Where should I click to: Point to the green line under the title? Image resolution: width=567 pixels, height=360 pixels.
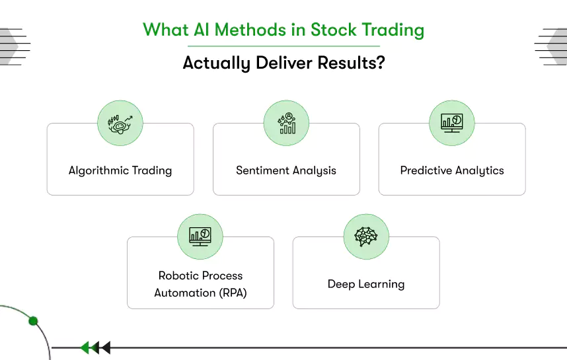(x=283, y=46)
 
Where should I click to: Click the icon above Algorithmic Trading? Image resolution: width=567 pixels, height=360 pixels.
(x=120, y=123)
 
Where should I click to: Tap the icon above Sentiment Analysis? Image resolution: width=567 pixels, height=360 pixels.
(x=286, y=123)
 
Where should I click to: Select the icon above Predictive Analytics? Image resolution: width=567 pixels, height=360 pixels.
(x=452, y=123)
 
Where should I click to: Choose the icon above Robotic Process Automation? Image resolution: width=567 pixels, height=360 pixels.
(x=200, y=236)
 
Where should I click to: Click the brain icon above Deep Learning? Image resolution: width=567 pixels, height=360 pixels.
(x=366, y=236)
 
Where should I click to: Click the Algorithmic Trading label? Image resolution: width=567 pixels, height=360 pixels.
(x=120, y=170)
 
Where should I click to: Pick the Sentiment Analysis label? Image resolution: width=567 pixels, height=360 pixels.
(x=286, y=170)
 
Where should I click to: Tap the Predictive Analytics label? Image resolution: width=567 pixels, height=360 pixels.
(x=452, y=170)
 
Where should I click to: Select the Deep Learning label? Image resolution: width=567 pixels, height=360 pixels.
(x=366, y=284)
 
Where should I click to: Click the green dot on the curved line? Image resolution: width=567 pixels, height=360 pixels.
(x=33, y=321)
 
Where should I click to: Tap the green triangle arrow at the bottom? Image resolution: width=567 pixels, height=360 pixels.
(x=85, y=347)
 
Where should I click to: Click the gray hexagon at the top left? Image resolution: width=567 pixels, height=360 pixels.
(x=11, y=46)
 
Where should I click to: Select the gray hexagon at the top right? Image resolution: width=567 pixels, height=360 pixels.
(x=556, y=46)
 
